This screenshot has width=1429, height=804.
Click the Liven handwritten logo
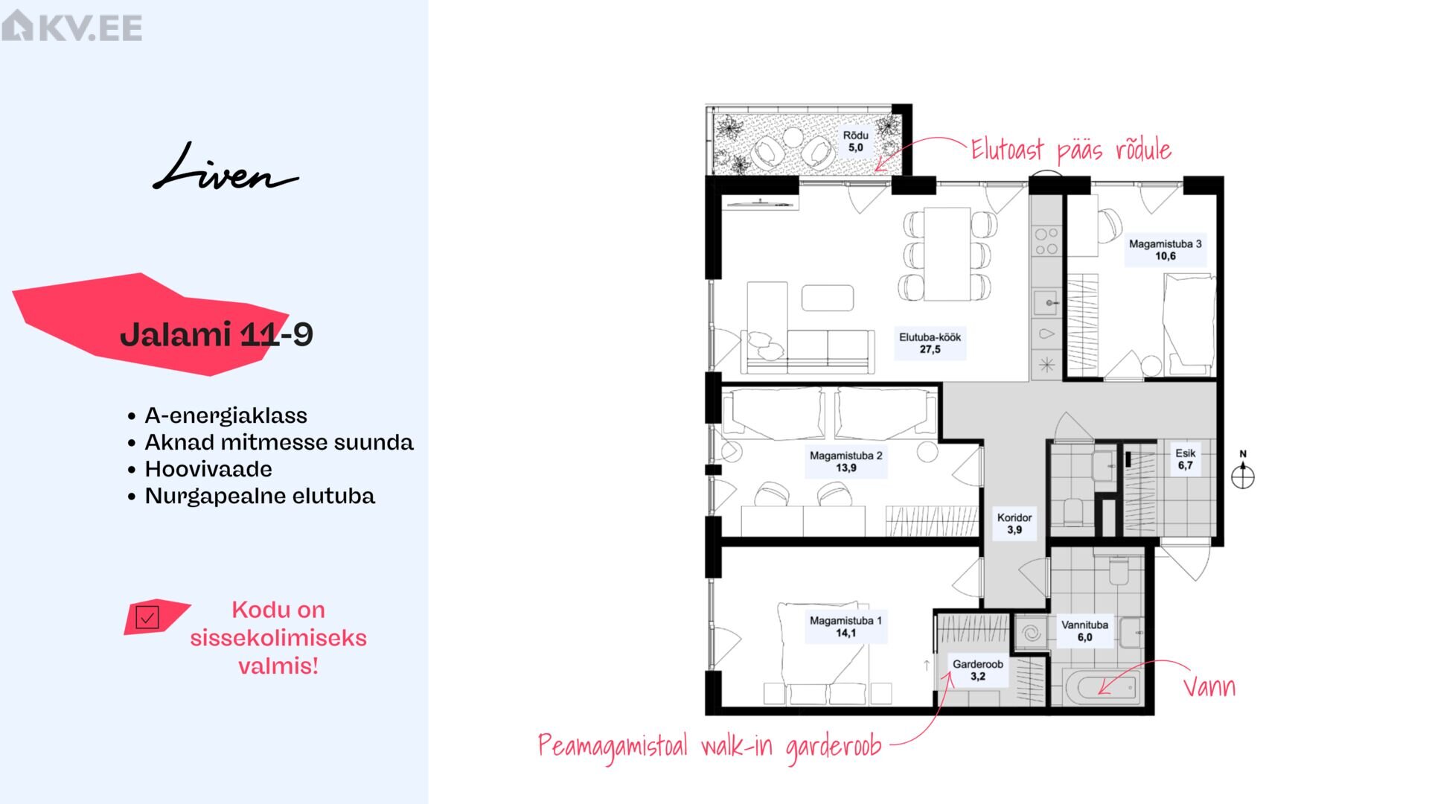tap(226, 167)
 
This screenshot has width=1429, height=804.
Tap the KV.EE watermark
tap(71, 26)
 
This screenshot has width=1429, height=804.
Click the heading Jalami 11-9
tap(217, 334)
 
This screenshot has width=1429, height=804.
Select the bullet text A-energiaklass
tap(226, 415)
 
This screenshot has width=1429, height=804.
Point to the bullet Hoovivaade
tap(208, 469)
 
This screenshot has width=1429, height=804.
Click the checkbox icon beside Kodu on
tap(147, 617)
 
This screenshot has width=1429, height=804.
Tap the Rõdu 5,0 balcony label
tap(855, 141)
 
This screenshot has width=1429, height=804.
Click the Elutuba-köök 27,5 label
tap(930, 343)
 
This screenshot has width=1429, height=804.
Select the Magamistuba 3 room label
tap(1165, 250)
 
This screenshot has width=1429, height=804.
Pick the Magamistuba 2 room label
tap(845, 462)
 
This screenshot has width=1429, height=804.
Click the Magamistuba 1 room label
tap(845, 627)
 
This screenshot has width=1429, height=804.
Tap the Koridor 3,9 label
tap(1014, 523)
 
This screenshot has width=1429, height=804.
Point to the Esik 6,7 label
tap(1185, 459)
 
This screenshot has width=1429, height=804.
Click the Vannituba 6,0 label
tap(1084, 631)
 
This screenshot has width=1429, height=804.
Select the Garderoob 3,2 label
tap(978, 670)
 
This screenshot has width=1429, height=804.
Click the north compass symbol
tap(1242, 472)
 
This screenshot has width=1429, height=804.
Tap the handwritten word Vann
tap(1209, 686)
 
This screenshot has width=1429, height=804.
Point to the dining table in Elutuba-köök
tap(947, 255)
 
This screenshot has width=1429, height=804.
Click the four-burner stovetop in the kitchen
tap(1046, 241)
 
